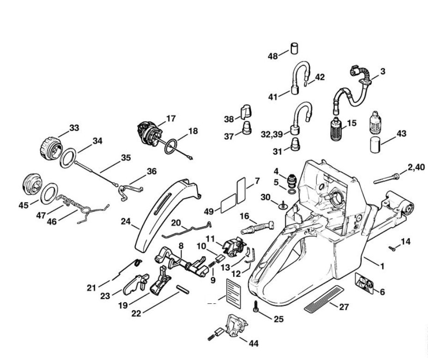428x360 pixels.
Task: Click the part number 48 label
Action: point(273,56)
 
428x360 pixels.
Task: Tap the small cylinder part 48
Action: point(294,48)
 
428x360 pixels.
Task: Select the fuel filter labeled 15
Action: point(336,129)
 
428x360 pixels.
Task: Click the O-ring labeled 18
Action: point(171,147)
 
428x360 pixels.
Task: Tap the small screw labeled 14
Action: point(392,249)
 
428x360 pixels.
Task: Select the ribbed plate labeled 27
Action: point(324,298)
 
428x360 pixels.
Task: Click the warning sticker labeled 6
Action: point(364,284)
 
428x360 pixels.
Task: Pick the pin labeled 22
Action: point(183,289)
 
